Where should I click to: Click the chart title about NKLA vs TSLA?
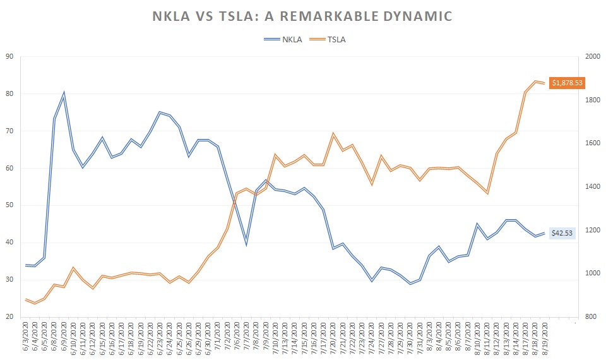coord(302,16)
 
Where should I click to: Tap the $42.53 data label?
coord(562,233)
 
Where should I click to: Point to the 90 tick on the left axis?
coord(9,57)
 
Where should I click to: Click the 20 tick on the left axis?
coord(9,317)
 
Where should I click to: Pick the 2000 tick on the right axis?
coord(593,57)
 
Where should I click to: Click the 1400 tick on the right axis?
coord(593,187)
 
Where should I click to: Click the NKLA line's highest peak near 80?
coord(64,93)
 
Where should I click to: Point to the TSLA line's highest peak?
coord(535,81)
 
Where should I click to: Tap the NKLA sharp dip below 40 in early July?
coord(246,244)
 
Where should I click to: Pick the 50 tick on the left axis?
coord(9,205)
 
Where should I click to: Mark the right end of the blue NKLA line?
coord(545,233)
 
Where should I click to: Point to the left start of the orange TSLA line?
coord(25,299)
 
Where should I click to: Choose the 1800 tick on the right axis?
coord(593,100)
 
